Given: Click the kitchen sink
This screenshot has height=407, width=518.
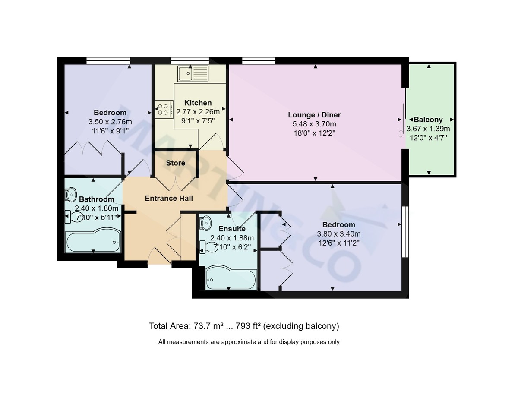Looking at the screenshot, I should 193,73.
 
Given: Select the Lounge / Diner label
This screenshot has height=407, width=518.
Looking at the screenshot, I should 314,115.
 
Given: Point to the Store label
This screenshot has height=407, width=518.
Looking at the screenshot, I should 176,163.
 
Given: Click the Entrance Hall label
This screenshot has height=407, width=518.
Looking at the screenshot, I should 169,198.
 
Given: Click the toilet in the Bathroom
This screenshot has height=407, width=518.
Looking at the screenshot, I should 70,217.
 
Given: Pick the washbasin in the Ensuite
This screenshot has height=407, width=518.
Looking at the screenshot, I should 206,222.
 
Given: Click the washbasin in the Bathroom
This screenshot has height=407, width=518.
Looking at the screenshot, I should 71,194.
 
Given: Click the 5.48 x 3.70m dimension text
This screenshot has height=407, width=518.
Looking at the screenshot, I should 314,124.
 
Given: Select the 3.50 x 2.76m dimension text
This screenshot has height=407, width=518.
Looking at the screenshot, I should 110,122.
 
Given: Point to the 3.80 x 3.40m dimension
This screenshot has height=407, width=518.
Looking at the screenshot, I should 339,234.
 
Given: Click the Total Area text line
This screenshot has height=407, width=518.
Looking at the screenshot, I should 244,326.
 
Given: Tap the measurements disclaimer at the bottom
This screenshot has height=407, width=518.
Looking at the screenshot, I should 249,342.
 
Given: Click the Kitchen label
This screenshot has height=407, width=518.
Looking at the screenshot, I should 198,103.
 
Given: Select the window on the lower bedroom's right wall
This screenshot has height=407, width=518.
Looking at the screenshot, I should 405,232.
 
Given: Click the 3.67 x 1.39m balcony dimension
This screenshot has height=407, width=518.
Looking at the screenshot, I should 428,129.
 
